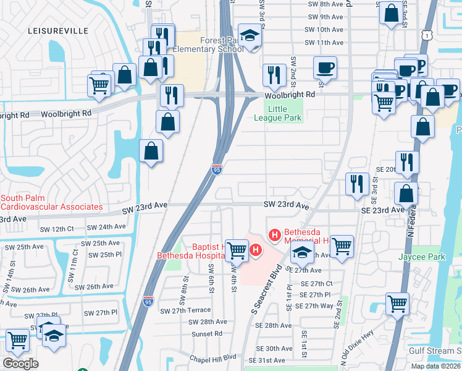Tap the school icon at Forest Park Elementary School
click(250, 36)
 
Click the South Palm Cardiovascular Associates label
click(51, 202)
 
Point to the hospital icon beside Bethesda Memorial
click(275, 234)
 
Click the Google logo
click(20, 363)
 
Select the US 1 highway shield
click(427, 37)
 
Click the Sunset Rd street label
click(206, 333)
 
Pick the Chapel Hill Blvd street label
click(212, 357)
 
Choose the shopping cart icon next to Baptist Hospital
click(237, 250)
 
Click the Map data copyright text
click(435, 366)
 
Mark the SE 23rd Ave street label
click(382, 210)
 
